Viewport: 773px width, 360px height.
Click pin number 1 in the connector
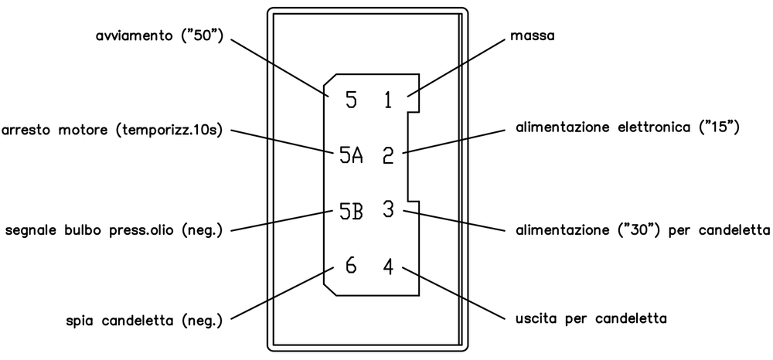(x=388, y=100)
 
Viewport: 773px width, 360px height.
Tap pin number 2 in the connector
(x=389, y=155)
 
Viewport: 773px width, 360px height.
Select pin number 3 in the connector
(x=389, y=210)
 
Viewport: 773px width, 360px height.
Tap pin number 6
(x=351, y=266)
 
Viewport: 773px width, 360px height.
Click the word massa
(x=533, y=36)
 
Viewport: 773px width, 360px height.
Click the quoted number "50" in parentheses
(x=202, y=36)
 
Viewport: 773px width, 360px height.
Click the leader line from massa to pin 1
(x=456, y=67)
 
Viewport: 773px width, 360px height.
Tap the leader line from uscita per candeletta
(x=454, y=293)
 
